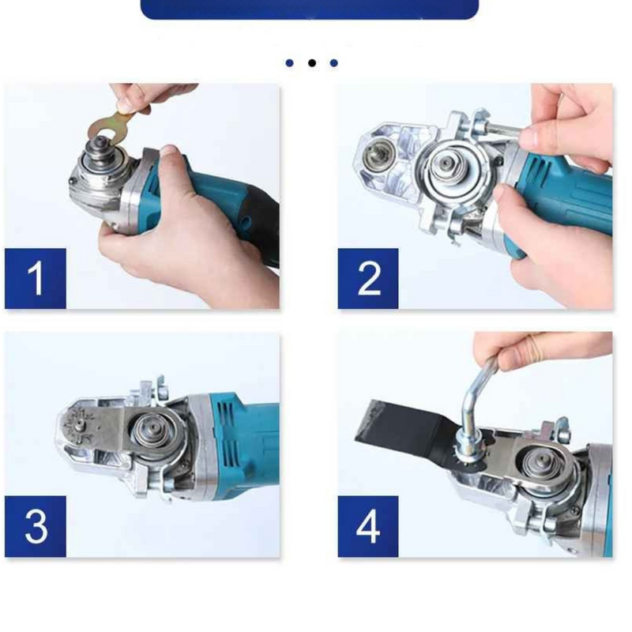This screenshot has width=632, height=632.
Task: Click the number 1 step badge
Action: (x=36, y=278)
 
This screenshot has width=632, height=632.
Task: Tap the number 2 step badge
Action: (x=368, y=278)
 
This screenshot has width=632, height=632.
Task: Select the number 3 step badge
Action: (x=36, y=526)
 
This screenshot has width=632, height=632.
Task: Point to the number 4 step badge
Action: (x=368, y=526)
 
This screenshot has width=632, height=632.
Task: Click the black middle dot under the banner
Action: (x=312, y=62)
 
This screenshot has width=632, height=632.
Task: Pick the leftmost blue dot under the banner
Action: (x=290, y=62)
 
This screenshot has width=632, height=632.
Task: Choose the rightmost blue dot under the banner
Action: (x=334, y=62)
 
